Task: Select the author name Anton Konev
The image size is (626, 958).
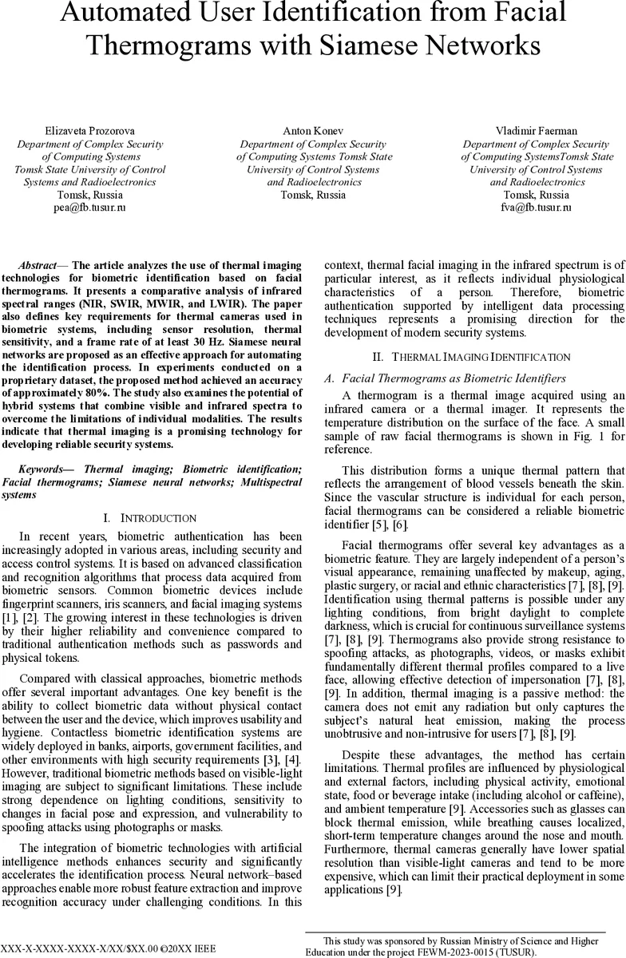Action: click(314, 131)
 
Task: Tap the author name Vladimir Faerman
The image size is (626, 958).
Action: click(536, 131)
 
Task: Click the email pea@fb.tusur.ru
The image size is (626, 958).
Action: click(91, 208)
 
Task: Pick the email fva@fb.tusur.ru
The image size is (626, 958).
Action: click(536, 208)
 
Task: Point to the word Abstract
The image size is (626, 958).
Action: click(38, 265)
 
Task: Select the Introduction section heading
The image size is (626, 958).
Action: click(157, 519)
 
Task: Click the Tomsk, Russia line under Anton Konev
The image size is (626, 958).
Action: click(314, 195)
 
